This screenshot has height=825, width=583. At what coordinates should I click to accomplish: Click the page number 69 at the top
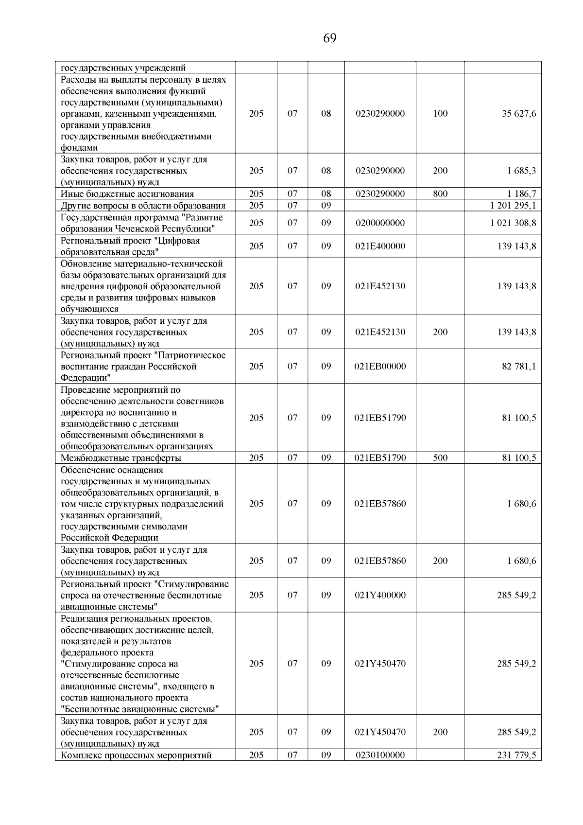coord(329,38)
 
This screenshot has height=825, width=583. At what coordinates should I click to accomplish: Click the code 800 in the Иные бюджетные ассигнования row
coord(440,194)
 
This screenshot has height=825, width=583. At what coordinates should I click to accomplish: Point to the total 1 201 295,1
coord(513,205)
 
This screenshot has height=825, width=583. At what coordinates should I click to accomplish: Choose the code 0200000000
coord(380,223)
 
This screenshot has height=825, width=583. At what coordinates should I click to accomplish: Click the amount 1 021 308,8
coord(513,223)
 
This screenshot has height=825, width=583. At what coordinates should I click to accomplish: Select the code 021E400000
coord(380,246)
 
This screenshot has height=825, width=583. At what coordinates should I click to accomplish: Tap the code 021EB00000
coord(380,366)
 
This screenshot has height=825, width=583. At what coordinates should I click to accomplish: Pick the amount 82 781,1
coord(519,366)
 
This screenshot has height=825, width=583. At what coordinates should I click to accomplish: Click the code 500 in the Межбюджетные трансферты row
coord(440,458)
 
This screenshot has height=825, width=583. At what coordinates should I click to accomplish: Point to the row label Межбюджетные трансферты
coord(121,458)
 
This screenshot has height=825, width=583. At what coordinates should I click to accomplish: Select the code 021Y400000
coord(380,595)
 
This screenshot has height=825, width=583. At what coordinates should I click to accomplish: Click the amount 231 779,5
coord(516,755)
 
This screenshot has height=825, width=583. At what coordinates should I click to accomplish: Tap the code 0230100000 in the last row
coord(380,755)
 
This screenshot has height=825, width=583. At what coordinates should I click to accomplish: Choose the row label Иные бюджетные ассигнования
coord(127,194)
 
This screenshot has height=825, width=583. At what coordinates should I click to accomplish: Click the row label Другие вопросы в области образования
coord(143,205)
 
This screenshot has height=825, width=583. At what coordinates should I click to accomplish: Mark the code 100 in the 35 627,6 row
coord(440,114)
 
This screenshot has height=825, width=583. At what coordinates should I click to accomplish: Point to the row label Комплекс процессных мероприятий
coord(136,755)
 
